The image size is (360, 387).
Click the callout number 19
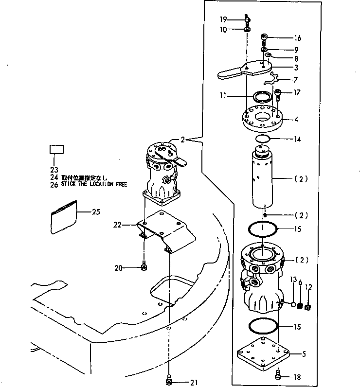[223, 20]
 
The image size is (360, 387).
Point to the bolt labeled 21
[169, 382]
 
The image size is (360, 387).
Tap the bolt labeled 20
[144, 267]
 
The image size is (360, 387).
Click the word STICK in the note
[70, 184]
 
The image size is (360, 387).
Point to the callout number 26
[54, 184]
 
